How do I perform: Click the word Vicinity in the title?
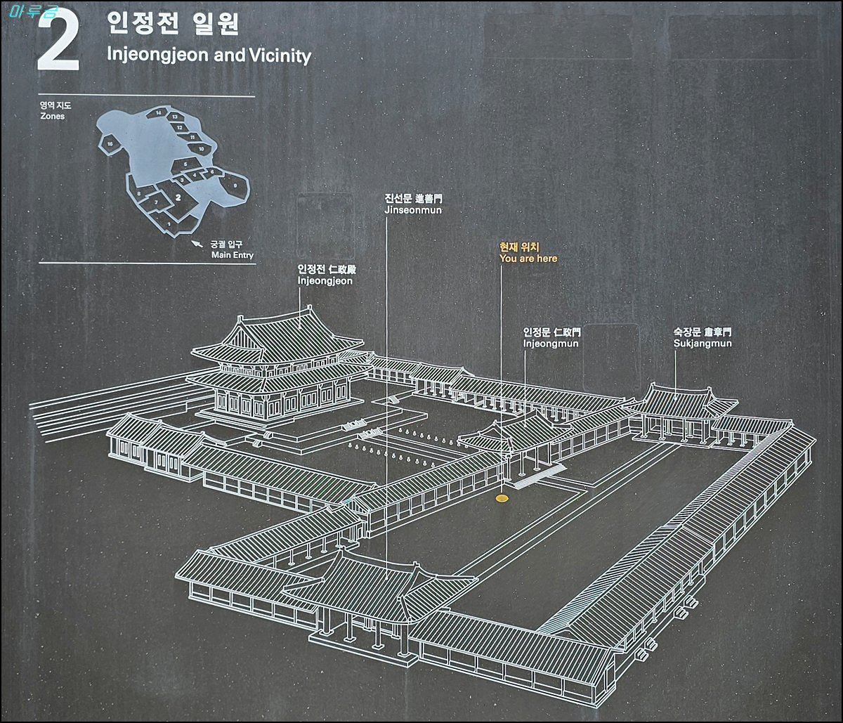[x=279, y=56]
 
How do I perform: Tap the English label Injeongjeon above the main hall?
[x=325, y=281]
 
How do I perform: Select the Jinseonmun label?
[x=413, y=210]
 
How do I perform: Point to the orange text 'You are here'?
[x=528, y=259]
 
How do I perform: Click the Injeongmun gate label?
[x=551, y=344]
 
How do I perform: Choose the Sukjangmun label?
[x=702, y=344]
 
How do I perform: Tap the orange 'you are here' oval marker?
[x=502, y=498]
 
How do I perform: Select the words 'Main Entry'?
[x=233, y=255]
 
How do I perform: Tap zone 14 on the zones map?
[x=159, y=113]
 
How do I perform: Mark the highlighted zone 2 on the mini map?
[x=179, y=199]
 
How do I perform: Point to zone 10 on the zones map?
[x=202, y=149]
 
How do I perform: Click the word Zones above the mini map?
[x=52, y=116]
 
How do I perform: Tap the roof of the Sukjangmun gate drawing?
[x=678, y=402]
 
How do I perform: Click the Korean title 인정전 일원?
[x=173, y=23]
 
